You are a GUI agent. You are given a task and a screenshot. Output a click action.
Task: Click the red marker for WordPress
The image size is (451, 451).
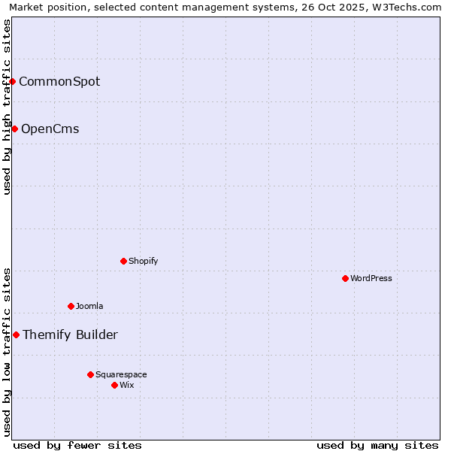click(345, 278)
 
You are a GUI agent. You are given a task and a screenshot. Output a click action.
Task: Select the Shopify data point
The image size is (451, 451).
click(123, 261)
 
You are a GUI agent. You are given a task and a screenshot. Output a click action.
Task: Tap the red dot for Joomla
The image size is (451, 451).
click(71, 306)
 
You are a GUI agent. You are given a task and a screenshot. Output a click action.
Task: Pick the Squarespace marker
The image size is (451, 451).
click(90, 374)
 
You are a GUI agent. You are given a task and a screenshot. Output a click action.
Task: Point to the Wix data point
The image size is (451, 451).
click(114, 385)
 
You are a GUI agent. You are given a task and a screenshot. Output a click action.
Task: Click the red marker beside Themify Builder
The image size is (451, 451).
click(16, 334)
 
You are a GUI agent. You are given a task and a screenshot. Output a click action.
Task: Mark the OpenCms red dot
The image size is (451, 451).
click(14, 129)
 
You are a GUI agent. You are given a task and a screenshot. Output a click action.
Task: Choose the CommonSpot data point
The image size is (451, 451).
click(13, 81)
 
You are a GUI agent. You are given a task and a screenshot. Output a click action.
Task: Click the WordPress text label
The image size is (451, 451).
click(371, 278)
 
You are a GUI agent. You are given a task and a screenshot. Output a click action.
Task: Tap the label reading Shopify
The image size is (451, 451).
click(143, 261)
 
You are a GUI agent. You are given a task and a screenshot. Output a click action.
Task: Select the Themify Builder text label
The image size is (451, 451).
click(70, 335)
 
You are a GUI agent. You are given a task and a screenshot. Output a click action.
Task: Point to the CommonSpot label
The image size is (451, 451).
click(59, 82)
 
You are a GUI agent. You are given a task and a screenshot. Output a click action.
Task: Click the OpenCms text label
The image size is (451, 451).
click(50, 129)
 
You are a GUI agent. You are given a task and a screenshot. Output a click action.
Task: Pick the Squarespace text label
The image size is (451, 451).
click(121, 374)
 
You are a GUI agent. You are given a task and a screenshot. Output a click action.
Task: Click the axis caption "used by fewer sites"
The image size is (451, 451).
click(77, 445)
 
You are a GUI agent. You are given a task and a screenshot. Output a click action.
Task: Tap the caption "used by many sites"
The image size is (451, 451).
click(377, 445)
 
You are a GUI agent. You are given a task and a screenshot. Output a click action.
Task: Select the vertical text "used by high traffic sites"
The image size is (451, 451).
click(7, 107)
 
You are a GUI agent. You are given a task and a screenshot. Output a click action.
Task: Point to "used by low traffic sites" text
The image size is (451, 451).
click(7, 352)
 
